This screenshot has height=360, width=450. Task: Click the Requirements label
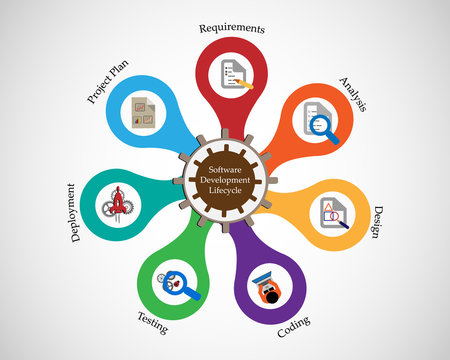(x=232, y=29)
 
